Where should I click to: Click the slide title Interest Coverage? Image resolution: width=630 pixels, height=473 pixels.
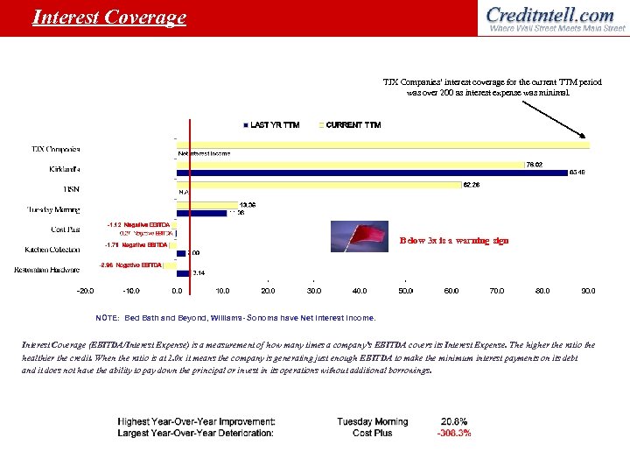(x=109, y=18)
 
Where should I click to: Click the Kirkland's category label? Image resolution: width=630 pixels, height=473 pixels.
(x=63, y=168)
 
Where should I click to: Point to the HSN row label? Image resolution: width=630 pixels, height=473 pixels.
(x=71, y=189)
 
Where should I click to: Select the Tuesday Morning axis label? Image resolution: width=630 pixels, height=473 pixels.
(x=52, y=209)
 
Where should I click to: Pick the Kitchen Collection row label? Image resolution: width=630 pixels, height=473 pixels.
(x=49, y=250)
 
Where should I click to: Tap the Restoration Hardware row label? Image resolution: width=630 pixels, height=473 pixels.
(x=46, y=270)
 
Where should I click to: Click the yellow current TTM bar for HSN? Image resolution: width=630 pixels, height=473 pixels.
(x=319, y=185)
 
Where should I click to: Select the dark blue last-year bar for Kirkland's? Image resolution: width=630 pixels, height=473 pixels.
(x=372, y=173)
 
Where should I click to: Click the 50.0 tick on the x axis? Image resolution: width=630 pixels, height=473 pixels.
(x=405, y=290)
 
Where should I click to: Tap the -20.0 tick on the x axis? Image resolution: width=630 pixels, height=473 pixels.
(x=85, y=290)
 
